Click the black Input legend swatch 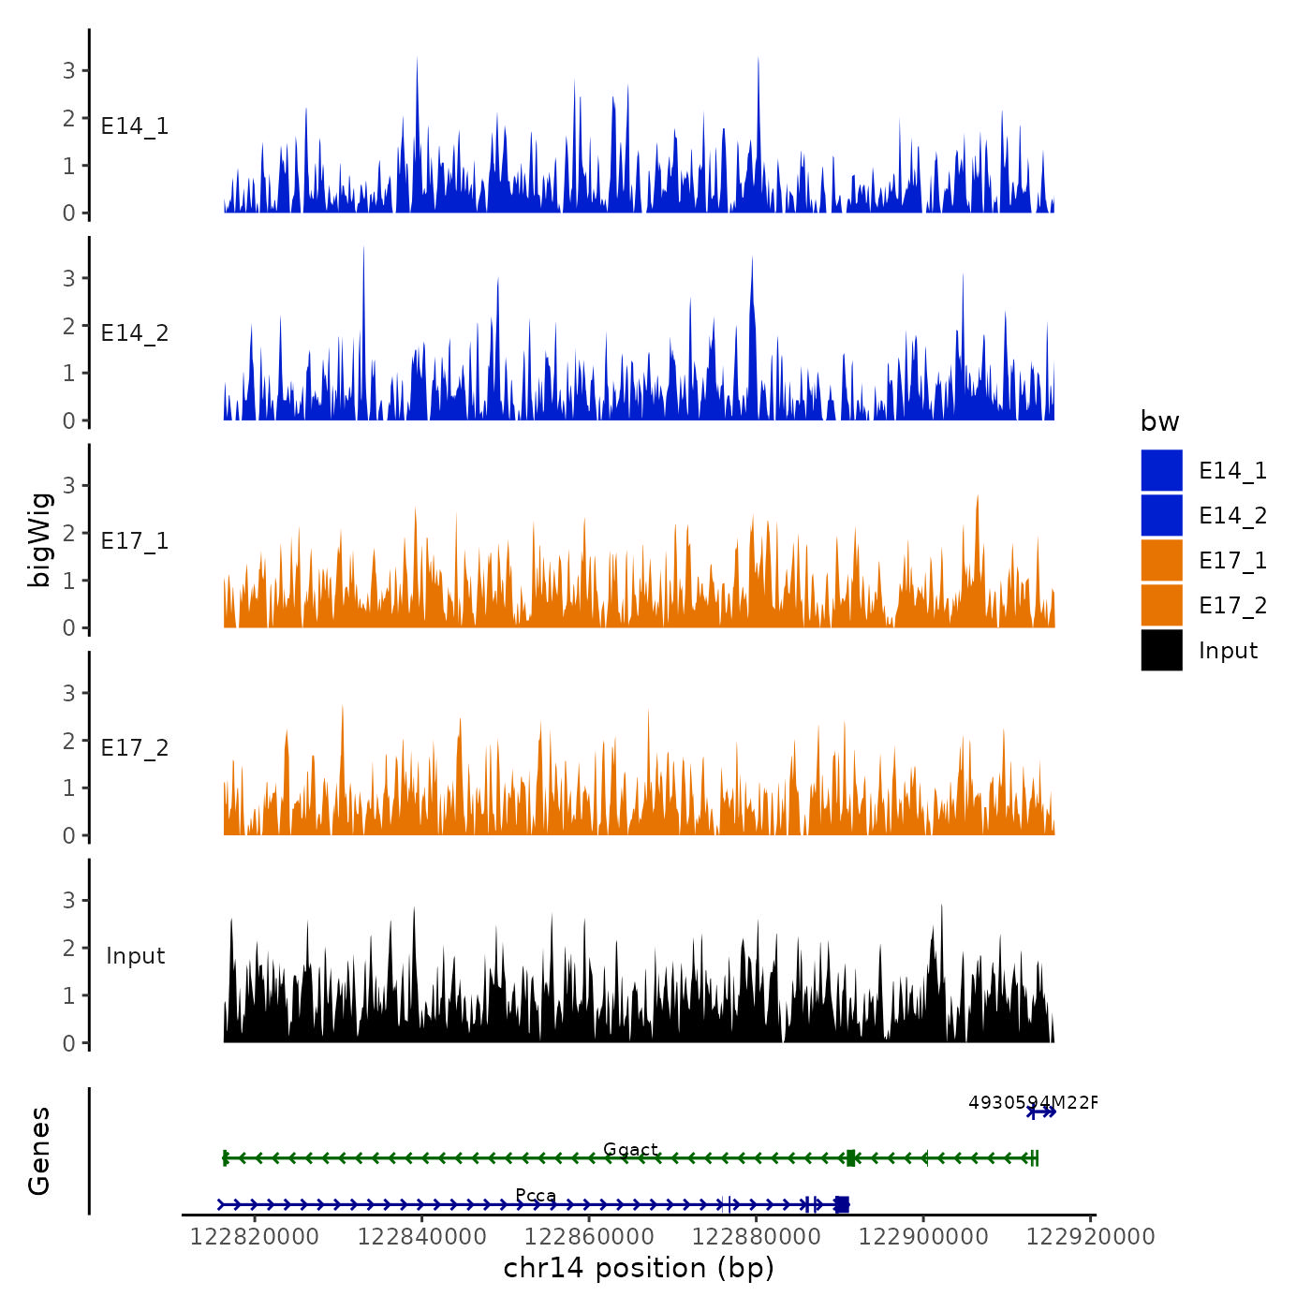[1161, 651]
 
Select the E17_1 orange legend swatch [1161, 561]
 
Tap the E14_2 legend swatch [1161, 516]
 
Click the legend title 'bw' [1159, 422]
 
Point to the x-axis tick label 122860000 [589, 1237]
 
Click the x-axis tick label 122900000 [923, 1237]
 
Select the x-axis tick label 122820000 [255, 1237]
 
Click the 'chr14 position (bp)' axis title [639, 1268]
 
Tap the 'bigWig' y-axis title [39, 539]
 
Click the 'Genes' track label [39, 1151]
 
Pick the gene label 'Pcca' [536, 1196]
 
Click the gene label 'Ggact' [630, 1149]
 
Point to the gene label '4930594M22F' [1032, 1102]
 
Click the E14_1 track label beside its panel [135, 126]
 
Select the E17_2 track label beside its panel [135, 748]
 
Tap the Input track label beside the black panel [135, 956]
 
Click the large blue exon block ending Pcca [842, 1204]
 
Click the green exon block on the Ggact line [850, 1158]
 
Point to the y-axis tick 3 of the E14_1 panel [69, 70]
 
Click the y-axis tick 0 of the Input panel [69, 1043]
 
